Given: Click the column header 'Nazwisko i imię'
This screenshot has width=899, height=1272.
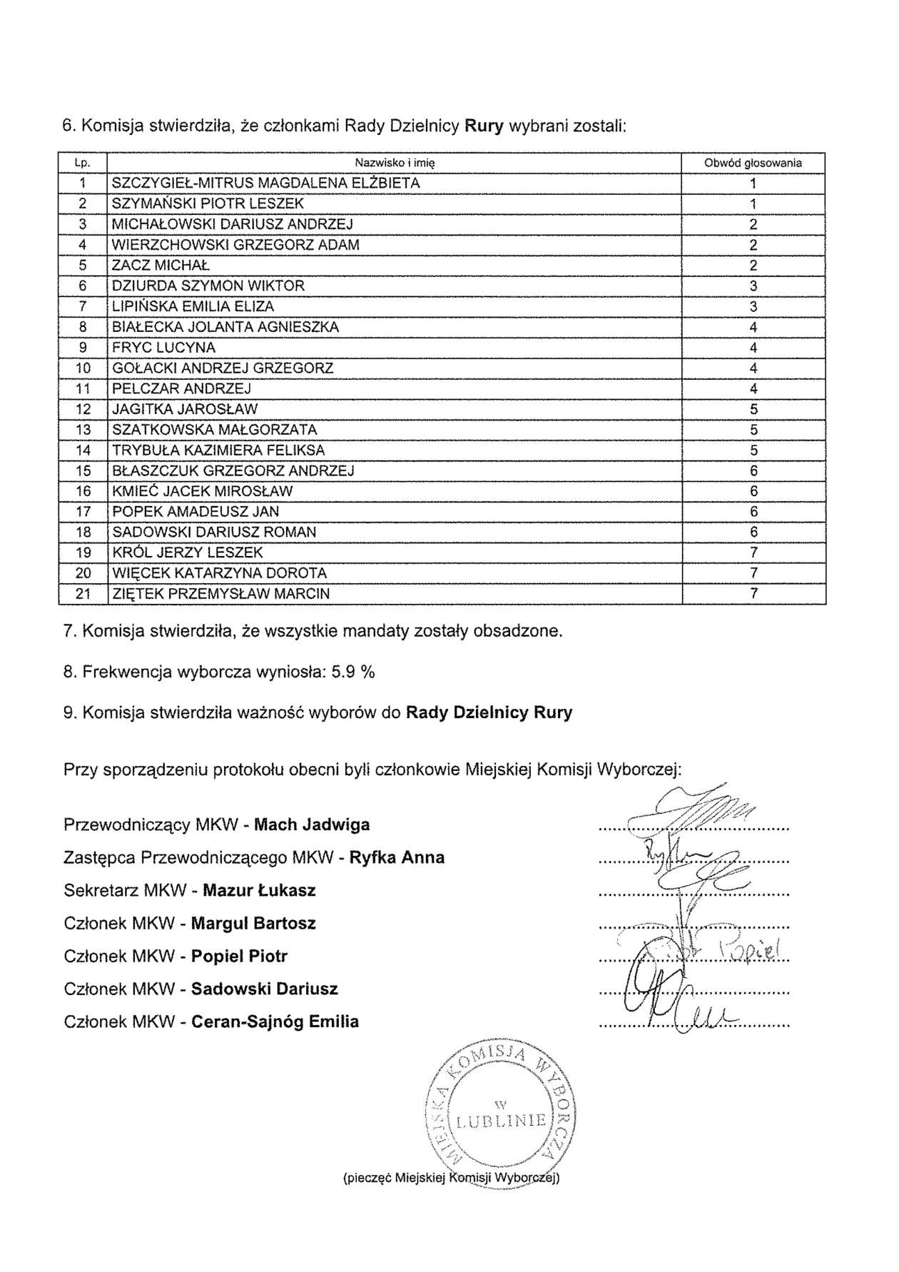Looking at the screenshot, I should pos(395,163).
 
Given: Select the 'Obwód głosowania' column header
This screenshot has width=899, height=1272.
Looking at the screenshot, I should pos(753,163).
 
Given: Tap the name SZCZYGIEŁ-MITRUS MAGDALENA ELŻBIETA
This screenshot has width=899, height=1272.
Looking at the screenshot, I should pos(266,183).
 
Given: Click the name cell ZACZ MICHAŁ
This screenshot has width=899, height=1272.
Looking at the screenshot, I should pos(161,266).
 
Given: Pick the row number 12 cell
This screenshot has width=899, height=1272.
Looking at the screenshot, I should pos(83,410).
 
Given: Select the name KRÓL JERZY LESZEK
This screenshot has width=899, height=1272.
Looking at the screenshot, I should pos(188,553).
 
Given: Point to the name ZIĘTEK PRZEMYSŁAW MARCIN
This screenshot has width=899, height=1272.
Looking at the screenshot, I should pos(221,594).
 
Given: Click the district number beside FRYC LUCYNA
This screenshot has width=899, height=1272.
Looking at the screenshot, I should pos(753,348).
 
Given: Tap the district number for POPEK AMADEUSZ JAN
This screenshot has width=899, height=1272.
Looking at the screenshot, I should pos(753,513).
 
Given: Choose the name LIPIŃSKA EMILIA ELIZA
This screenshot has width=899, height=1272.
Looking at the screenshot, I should pos(193,307).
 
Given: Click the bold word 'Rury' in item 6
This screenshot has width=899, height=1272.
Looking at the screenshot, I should pos(484,126).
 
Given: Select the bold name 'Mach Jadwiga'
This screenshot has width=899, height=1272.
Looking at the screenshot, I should pos(312,825).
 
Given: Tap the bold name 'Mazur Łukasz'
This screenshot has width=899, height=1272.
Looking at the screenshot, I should pos(259,891).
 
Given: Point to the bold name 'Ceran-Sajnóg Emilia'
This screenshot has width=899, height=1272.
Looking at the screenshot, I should pos(275,1022).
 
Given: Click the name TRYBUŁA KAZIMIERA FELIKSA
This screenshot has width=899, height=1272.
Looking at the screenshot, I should pos(218,450).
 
